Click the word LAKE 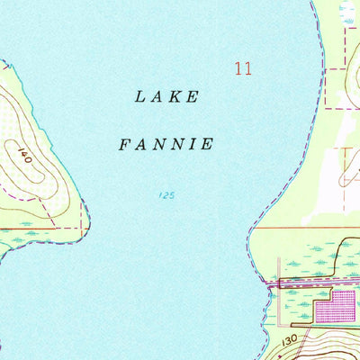coord(166,97)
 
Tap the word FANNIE coord(166,143)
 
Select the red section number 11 coord(241,68)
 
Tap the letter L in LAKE coord(140,97)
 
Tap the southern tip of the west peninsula coord(4,256)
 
